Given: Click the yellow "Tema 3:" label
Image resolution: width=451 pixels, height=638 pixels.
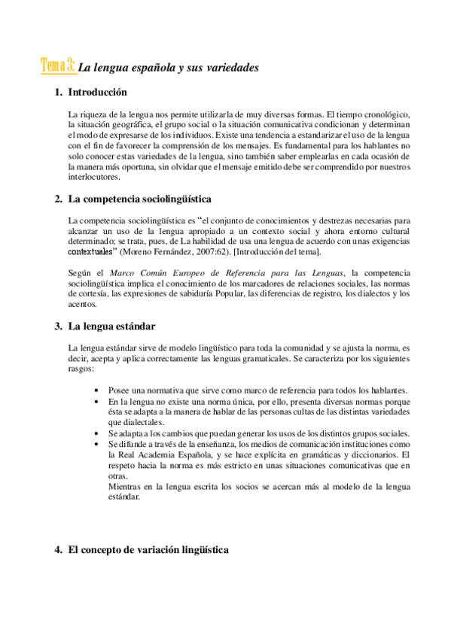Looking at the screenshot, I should click(x=57, y=65).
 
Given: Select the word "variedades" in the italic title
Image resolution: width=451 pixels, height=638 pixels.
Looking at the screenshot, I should click(x=231, y=68).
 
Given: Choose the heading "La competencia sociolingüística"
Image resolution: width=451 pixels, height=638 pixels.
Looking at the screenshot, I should click(x=139, y=199).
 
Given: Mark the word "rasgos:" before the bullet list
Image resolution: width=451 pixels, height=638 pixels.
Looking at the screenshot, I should click(x=81, y=369).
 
